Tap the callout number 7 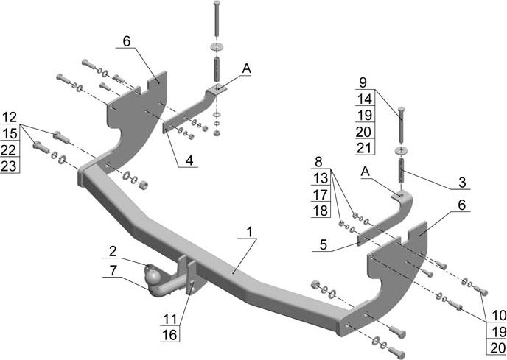click(x=113, y=271)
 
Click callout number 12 click(x=10, y=117)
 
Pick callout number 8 click(x=318, y=161)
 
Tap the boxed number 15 click(x=10, y=133)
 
